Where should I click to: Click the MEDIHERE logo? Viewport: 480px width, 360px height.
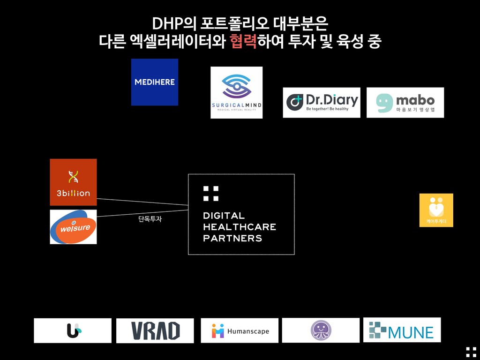[x=154, y=82]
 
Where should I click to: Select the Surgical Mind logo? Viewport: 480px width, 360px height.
[x=236, y=92]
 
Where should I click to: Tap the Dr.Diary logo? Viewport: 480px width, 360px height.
[x=322, y=102]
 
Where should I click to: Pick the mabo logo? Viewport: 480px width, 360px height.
[x=405, y=102]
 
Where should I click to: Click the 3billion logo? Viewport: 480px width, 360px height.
[x=73, y=182]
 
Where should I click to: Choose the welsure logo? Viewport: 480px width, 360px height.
[x=73, y=227]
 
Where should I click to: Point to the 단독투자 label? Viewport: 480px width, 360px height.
[x=150, y=219]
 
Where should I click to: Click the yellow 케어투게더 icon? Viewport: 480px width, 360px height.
[x=436, y=210]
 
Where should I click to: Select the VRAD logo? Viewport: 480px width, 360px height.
[x=155, y=330]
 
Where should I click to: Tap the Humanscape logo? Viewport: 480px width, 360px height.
[x=240, y=330]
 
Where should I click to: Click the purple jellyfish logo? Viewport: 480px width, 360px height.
[x=321, y=330]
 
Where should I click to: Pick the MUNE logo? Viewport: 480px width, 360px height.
[x=402, y=330]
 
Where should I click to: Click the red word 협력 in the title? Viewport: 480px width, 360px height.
[x=243, y=42]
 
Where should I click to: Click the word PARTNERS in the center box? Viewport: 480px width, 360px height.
[x=232, y=239]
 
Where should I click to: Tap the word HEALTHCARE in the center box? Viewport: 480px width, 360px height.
[x=239, y=227]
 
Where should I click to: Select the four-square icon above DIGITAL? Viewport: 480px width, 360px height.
[x=211, y=193]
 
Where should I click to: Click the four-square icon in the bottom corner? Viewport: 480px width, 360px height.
[x=471, y=352]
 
